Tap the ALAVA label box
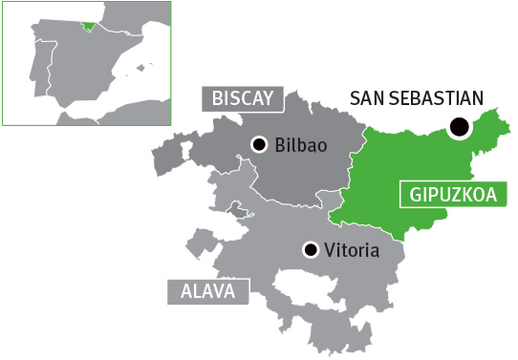[207, 291]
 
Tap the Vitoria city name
[352, 252]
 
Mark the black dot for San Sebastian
[461, 125]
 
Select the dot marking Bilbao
[259, 144]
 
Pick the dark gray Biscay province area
[296, 177]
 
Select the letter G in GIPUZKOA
[415, 193]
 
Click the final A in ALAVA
[229, 291]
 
